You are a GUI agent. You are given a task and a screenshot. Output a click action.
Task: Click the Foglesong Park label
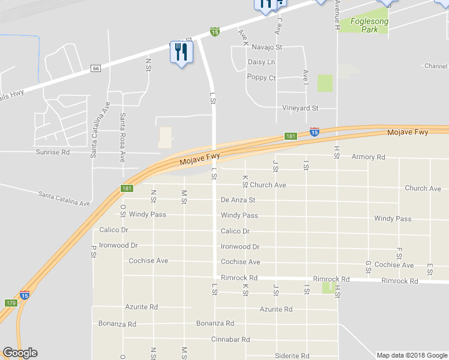point(370,25)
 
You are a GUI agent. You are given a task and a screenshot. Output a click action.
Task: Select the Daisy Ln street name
point(261,62)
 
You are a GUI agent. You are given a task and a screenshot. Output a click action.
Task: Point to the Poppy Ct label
point(261,78)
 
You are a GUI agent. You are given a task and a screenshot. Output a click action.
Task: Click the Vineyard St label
point(300,109)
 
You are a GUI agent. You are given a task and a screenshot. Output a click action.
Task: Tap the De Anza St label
point(238,200)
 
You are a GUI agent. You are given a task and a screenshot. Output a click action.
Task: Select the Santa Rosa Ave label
point(122,137)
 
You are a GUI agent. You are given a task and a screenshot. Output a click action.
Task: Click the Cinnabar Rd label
point(231,340)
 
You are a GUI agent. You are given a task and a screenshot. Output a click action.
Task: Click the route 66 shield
point(95,69)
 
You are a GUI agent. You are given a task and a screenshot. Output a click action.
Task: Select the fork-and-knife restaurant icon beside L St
point(181,53)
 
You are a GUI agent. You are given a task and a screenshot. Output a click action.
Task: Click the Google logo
point(20,353)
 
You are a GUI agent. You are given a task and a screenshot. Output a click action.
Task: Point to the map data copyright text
point(411,355)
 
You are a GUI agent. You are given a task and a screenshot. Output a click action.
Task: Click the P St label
point(94,251)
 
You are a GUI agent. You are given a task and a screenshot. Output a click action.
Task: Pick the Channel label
point(436,66)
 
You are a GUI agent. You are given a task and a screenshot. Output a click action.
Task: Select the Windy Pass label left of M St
point(147,214)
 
